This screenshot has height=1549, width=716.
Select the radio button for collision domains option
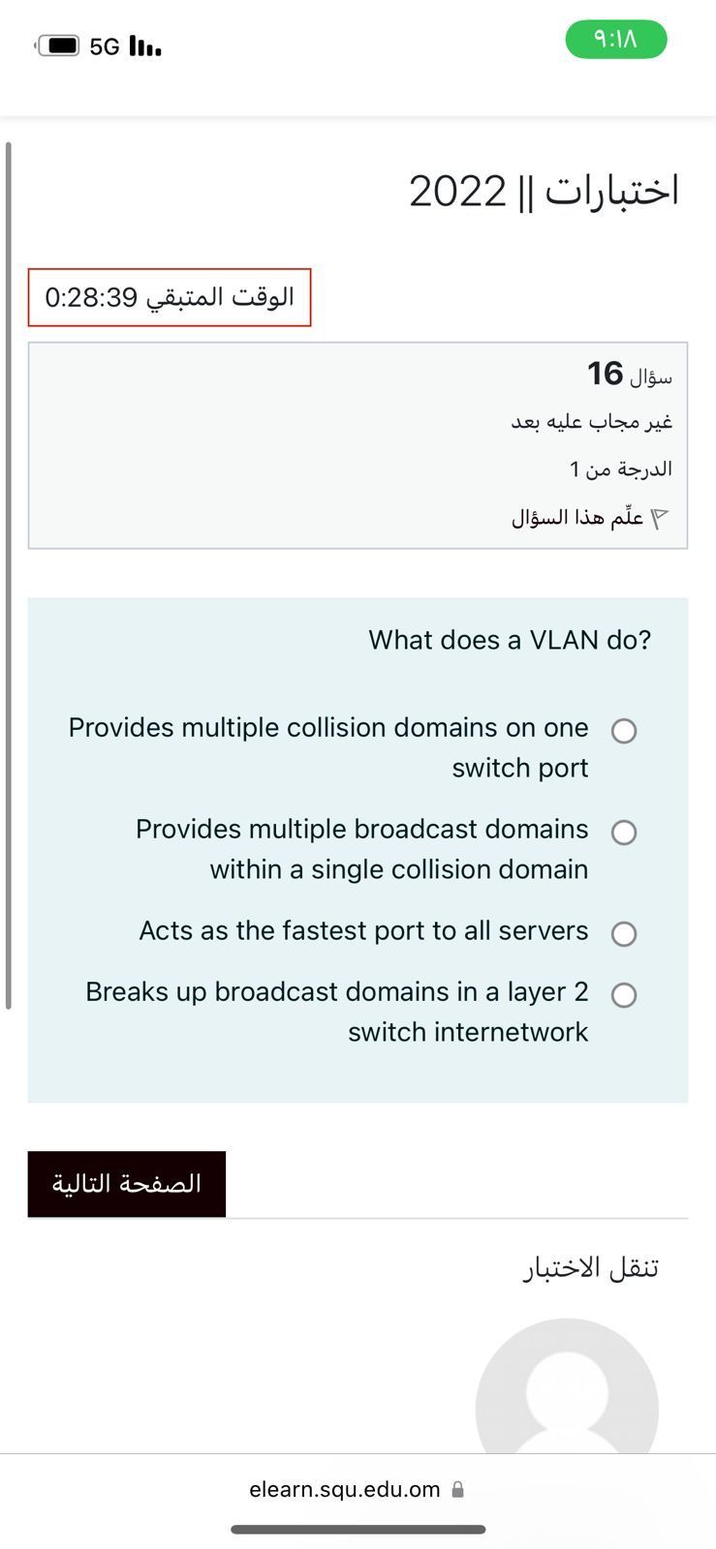(624, 730)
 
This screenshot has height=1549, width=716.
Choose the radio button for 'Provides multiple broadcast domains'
(624, 832)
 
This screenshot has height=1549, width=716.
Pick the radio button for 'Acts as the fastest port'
(624, 933)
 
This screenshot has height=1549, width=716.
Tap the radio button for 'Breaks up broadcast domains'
(624, 994)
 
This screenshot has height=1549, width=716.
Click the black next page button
(127, 1184)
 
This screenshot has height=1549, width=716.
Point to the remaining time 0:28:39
(91, 297)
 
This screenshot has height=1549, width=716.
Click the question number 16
(606, 374)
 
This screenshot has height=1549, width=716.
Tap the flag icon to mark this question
(661, 517)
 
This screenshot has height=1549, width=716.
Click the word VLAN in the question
(564, 640)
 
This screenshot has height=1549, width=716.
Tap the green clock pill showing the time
(616, 40)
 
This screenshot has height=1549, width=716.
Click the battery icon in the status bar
(57, 46)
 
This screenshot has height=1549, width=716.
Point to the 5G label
(105, 46)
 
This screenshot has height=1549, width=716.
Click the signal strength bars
(145, 46)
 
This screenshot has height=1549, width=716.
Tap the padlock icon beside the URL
(457, 1489)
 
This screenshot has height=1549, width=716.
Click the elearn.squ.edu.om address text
(345, 1489)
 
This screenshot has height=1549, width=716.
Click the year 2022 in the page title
(457, 192)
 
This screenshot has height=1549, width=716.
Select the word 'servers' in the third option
(544, 930)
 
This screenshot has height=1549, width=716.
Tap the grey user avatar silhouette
(567, 1386)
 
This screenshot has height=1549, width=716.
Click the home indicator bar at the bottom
(358, 1530)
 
